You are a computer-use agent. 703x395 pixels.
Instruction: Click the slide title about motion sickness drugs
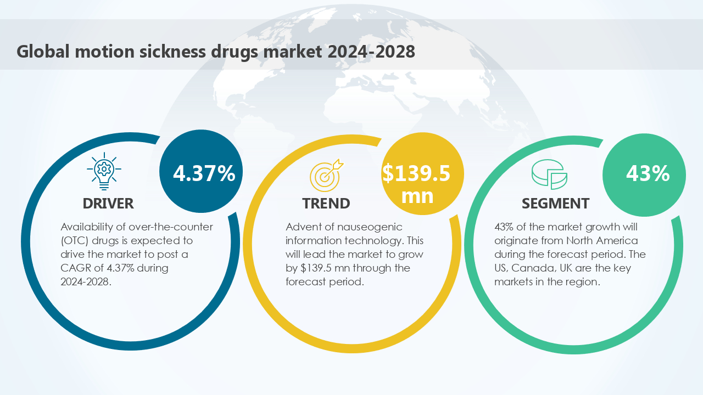pyautogui.click(x=215, y=51)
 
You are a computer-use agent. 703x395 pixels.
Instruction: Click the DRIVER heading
pyautogui.click(x=108, y=204)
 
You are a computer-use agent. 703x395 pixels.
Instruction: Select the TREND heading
pyautogui.click(x=326, y=204)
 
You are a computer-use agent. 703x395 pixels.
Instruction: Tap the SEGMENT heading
pyautogui.click(x=555, y=204)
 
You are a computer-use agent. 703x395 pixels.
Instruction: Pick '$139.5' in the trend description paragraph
pyautogui.click(x=317, y=268)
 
